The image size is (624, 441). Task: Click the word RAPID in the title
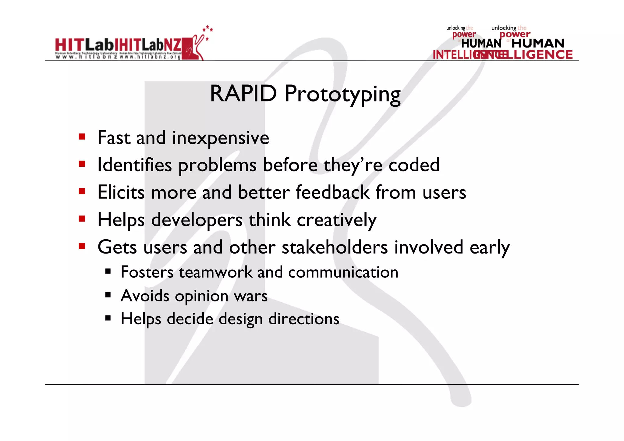[x=243, y=94]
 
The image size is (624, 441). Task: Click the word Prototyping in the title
[x=342, y=94]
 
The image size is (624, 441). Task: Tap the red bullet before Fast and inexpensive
[x=82, y=137]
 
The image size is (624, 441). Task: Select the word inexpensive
[x=221, y=138]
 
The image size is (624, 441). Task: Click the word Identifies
[x=135, y=165]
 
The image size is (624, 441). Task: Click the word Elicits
[x=121, y=193]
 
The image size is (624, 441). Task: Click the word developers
[x=197, y=220]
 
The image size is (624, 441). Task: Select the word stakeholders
[x=335, y=247]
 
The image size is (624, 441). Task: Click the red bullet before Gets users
[x=82, y=246]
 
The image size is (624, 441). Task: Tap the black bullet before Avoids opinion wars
[x=108, y=295]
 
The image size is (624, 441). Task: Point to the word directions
[x=304, y=319]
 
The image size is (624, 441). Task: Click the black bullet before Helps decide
[x=108, y=318]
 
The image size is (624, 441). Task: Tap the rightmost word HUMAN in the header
[x=538, y=44]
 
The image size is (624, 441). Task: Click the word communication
[x=343, y=272]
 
